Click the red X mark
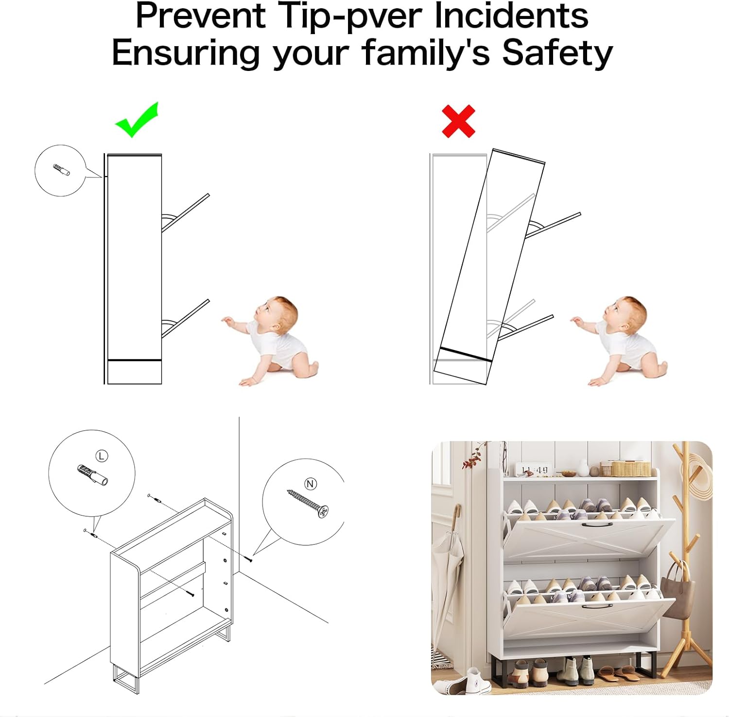(458, 121)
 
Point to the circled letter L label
(102, 455)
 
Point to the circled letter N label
(310, 484)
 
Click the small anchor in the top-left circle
(61, 170)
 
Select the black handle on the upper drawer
(594, 525)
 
